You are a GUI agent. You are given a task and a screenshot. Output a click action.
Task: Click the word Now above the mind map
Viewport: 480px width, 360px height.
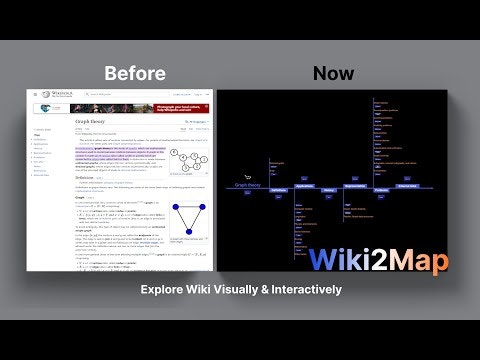click(x=333, y=73)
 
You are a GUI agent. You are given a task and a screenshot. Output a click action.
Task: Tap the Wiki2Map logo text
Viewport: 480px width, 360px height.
click(x=378, y=260)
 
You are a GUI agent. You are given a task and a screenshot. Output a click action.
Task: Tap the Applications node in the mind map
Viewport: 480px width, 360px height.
click(x=305, y=186)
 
